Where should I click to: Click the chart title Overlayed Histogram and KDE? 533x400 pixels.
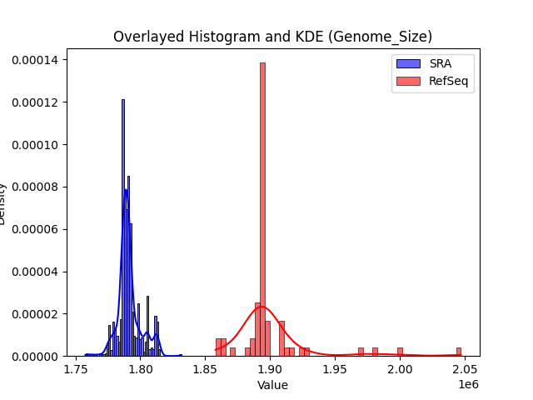click(272, 37)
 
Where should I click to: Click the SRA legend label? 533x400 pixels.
click(440, 63)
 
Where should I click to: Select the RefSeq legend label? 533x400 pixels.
click(446, 81)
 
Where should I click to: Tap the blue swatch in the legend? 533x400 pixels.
click(408, 63)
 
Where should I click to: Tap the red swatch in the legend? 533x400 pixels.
click(408, 81)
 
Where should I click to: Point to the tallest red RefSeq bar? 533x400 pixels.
click(262, 208)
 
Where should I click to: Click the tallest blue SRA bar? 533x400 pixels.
click(123, 225)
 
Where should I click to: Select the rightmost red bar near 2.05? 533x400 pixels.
click(458, 352)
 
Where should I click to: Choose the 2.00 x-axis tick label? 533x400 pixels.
click(401, 369)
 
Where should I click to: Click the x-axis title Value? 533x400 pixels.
click(272, 385)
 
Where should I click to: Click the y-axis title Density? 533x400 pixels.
click(6, 202)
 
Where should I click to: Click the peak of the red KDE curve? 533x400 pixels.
click(260, 307)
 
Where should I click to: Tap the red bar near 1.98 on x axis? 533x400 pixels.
click(375, 352)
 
